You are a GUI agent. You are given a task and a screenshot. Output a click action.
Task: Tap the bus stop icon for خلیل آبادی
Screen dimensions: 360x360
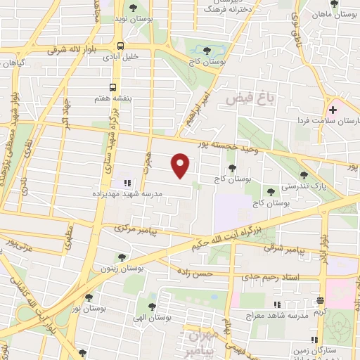[x=121, y=46]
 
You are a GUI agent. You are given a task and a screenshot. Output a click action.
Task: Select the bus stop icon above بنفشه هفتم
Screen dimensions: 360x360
[x=113, y=88]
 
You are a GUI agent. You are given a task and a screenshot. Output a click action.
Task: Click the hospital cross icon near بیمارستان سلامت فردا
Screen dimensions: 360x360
[x=333, y=109]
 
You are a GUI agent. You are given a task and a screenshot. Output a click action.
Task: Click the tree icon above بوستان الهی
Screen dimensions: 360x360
[x=152, y=307]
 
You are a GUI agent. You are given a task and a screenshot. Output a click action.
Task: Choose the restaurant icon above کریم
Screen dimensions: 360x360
[x=320, y=300]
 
